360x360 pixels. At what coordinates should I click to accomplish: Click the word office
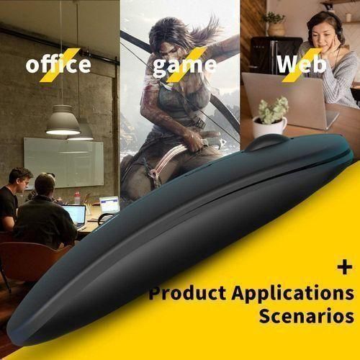(58, 65)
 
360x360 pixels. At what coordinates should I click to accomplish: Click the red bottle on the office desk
(77, 197)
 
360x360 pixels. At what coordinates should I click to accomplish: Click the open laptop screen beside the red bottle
(109, 204)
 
